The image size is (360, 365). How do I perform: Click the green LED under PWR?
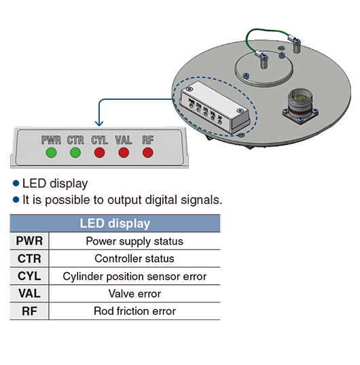pyautogui.click(x=51, y=153)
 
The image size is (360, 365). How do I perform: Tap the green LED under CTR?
pyautogui.click(x=75, y=153)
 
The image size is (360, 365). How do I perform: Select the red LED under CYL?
pyautogui.click(x=100, y=153)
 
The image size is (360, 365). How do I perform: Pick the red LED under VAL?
pyautogui.click(x=124, y=153)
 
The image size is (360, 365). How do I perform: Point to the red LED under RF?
pyautogui.click(x=147, y=153)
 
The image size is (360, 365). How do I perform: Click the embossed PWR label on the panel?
pyautogui.click(x=51, y=140)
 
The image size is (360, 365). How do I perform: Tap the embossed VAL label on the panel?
pyautogui.click(x=124, y=140)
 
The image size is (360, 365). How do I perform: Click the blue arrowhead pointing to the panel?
pyautogui.click(x=99, y=123)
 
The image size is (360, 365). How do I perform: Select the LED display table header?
pyautogui.click(x=115, y=223)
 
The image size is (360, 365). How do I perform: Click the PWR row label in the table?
pyautogui.click(x=29, y=241)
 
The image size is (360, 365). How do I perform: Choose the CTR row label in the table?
pyautogui.click(x=29, y=258)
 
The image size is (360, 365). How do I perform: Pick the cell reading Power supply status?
pyautogui.click(x=134, y=241)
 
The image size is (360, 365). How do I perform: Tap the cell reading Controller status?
pyautogui.click(x=134, y=258)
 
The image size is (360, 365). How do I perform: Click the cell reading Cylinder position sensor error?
pyautogui.click(x=134, y=277)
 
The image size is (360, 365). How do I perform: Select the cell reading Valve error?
pyautogui.click(x=134, y=294)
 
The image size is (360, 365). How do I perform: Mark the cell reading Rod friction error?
pyautogui.click(x=134, y=311)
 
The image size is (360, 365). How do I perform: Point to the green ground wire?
pyautogui.click(x=268, y=31)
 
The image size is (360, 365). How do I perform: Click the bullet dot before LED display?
pyautogui.click(x=16, y=184)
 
